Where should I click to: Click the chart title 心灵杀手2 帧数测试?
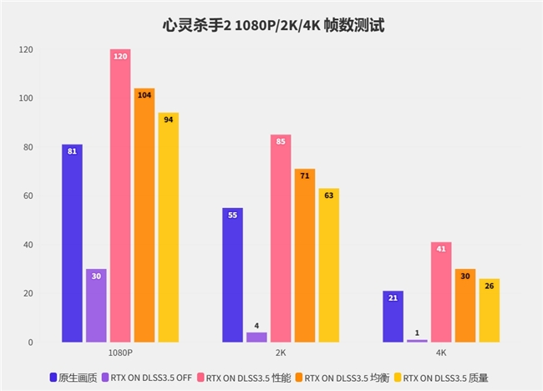[x=271, y=25]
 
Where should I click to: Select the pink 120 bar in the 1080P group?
[x=120, y=196]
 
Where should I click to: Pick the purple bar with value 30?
[x=96, y=306]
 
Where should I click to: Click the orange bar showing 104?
[x=145, y=216]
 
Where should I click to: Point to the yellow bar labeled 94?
[x=168, y=228]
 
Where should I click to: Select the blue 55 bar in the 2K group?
[x=232, y=276]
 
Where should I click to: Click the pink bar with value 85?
[x=281, y=239]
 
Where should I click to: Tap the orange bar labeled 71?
[x=305, y=256]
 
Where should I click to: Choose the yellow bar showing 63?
[x=328, y=266]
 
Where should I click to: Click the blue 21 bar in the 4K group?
[x=393, y=317]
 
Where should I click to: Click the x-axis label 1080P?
[x=120, y=354]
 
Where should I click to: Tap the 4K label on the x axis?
[x=441, y=354]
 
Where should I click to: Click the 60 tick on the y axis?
[x=28, y=196]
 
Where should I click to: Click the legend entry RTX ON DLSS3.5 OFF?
[x=151, y=378]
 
